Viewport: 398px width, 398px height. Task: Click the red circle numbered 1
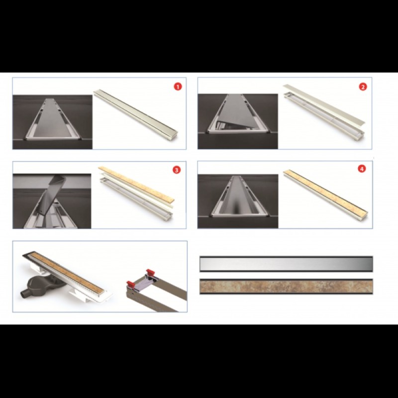click(178, 87)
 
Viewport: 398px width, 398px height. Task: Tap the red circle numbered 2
click(363, 87)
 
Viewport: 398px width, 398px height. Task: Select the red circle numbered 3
click(177, 170)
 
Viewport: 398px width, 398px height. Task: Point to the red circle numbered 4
click(362, 169)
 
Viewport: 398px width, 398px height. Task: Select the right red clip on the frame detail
click(150, 272)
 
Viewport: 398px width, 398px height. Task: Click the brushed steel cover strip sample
click(286, 264)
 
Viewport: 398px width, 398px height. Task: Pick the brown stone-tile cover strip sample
click(286, 287)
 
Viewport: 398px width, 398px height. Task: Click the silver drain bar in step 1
click(135, 113)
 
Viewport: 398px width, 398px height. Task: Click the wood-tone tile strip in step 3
click(136, 184)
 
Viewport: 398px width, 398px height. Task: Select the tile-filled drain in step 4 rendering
click(325, 192)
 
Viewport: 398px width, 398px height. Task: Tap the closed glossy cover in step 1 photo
click(53, 118)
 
